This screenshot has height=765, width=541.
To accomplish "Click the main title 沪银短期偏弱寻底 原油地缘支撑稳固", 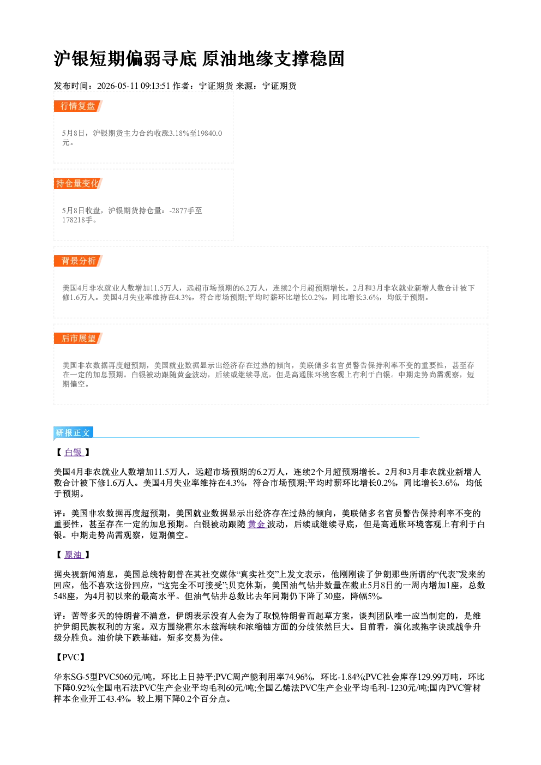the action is [199, 59].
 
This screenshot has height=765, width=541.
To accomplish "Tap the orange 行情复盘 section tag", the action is [78, 106].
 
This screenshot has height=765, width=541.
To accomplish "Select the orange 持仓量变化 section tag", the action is [78, 183].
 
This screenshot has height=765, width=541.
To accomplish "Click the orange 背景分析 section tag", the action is [78, 261].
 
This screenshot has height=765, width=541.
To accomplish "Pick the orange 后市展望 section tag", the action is [78, 339].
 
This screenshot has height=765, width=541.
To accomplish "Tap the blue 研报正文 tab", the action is [73, 433].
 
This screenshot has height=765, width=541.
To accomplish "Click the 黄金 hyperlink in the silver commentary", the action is [256, 524].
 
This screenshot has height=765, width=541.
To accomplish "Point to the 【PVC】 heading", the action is [71, 658].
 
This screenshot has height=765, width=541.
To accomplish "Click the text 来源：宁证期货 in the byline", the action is [266, 86].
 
